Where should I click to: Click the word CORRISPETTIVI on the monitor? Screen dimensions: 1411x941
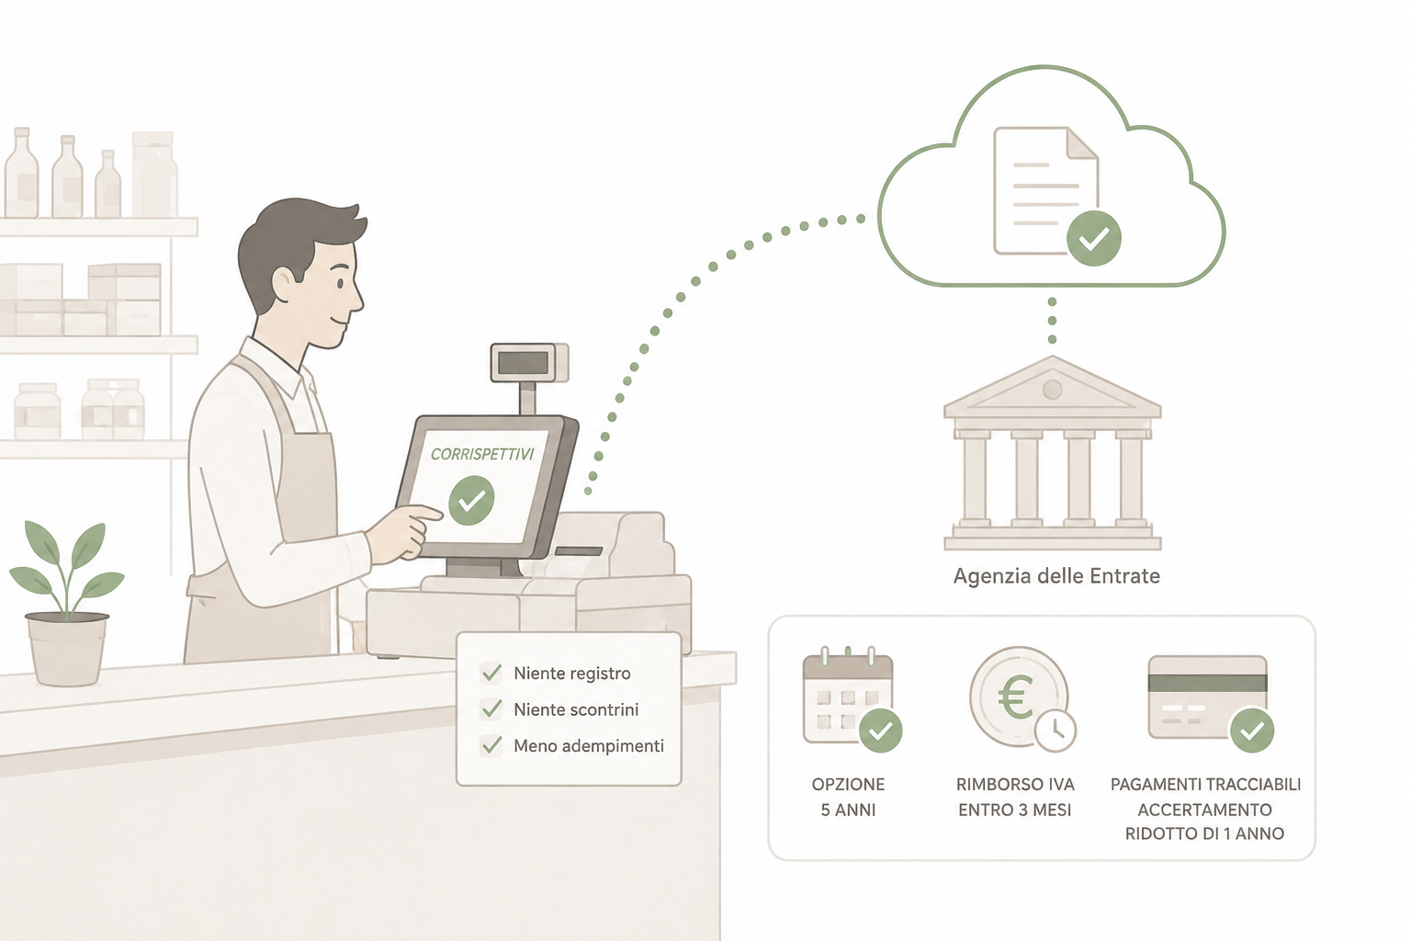click(x=482, y=455)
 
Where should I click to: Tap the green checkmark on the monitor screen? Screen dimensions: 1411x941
click(x=471, y=501)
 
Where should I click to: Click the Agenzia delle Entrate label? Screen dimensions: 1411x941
click(x=1056, y=576)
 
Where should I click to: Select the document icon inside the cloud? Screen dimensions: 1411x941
click(x=1046, y=191)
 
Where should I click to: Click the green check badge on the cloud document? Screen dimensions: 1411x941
click(x=1093, y=238)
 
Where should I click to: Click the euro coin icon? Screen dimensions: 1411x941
click(x=1018, y=697)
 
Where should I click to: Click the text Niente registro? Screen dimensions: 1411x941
click(x=572, y=674)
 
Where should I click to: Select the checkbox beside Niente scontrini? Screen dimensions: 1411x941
click(x=491, y=709)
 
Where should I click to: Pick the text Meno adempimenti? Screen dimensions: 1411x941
click(x=589, y=746)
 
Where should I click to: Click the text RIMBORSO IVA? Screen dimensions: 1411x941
click(x=1015, y=785)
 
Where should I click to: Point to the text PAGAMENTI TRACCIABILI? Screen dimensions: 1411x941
click(x=1205, y=785)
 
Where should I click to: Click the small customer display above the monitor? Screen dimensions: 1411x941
click(x=530, y=362)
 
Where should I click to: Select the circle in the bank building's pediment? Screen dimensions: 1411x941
click(x=1053, y=390)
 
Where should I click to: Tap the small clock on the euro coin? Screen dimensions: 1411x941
click(x=1055, y=730)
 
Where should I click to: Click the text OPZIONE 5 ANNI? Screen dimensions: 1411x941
click(x=849, y=798)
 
